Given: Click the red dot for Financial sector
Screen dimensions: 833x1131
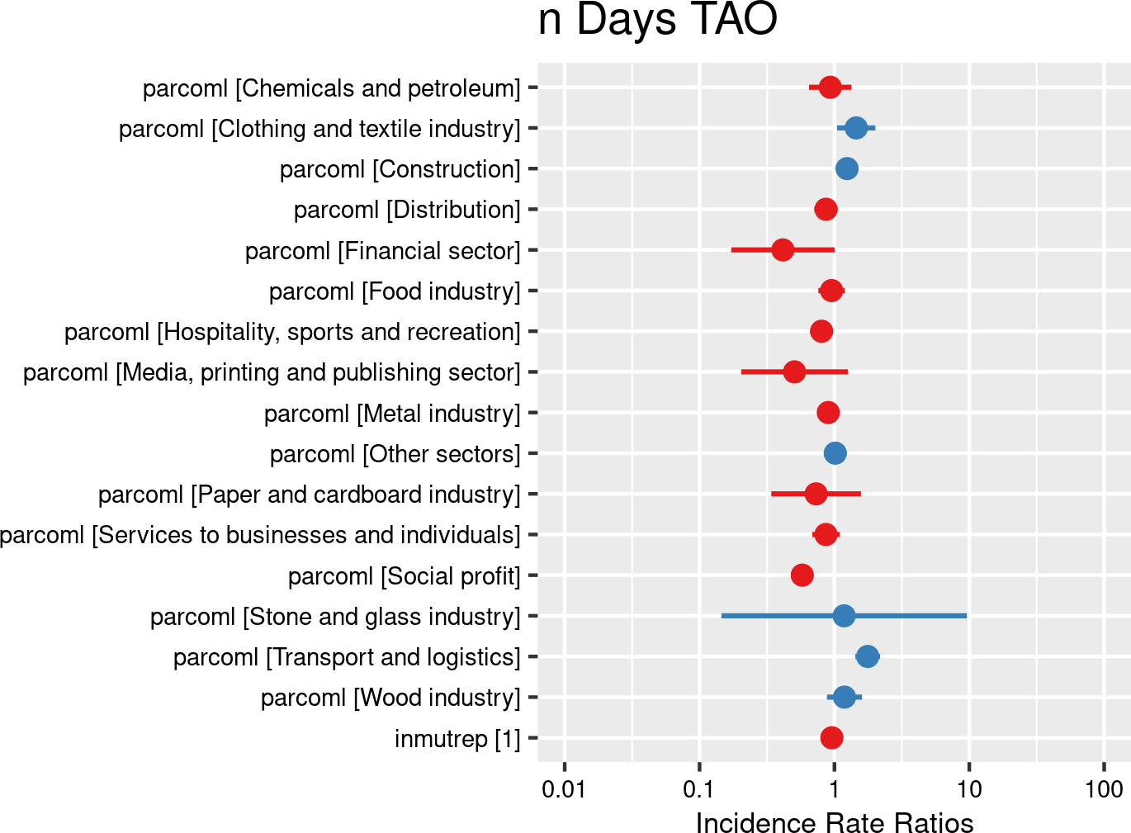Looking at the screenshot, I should coord(783,249).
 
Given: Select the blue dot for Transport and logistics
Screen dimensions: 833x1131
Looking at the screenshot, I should coord(868,656).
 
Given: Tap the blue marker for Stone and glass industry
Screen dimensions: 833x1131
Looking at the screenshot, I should coord(844,616).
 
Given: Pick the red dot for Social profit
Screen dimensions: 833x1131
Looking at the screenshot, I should coord(802,575).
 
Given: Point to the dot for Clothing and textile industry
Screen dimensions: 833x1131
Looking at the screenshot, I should coord(856,128).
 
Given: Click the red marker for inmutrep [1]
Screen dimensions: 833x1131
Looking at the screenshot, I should coord(831,738).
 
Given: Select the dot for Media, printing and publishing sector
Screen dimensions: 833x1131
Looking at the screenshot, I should coord(794,372).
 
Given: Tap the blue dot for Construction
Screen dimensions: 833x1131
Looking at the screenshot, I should coord(847,168).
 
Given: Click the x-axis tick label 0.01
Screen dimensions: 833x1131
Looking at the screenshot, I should coord(564,789).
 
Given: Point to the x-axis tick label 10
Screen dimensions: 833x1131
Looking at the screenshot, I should coord(969,789).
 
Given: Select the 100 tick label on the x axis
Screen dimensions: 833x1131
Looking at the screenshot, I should coord(1104,789).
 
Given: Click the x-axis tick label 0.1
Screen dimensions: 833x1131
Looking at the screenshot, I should coord(698,789).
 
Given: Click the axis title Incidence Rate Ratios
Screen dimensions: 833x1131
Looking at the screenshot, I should coord(835,823).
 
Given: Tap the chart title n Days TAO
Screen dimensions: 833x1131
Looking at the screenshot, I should coord(657,20).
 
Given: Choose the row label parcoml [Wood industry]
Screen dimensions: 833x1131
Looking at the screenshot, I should coord(390,698).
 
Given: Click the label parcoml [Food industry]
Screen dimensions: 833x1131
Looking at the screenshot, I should coord(395,291).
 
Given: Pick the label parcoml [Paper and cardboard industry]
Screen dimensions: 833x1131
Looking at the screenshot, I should coord(310,495).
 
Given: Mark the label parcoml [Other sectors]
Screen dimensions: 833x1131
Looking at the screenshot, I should coord(395,454).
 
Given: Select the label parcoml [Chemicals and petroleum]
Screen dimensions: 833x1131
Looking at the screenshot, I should coord(332,88).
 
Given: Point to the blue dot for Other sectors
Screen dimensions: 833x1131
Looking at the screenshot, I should coord(835,453).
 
